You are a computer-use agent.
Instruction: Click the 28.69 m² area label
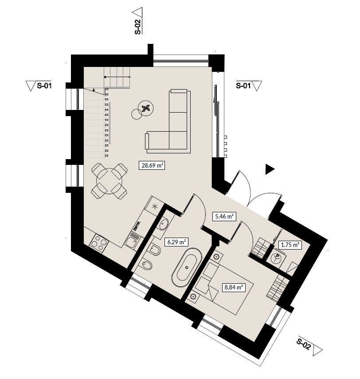click(x=152, y=166)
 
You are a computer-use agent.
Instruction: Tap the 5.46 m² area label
click(x=224, y=216)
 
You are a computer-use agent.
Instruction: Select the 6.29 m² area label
click(x=176, y=242)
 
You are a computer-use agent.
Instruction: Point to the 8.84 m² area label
click(x=234, y=288)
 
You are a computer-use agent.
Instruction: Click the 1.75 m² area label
click(x=290, y=245)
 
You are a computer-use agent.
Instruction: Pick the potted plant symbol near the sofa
click(x=146, y=108)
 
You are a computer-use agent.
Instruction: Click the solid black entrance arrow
click(x=270, y=169)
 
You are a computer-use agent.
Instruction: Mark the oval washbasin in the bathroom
click(x=164, y=224)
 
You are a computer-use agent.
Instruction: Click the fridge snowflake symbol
click(x=155, y=206)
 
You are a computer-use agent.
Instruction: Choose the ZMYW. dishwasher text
click(x=136, y=225)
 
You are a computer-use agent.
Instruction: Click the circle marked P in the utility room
click(x=277, y=257)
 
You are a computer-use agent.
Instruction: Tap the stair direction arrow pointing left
click(x=117, y=77)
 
